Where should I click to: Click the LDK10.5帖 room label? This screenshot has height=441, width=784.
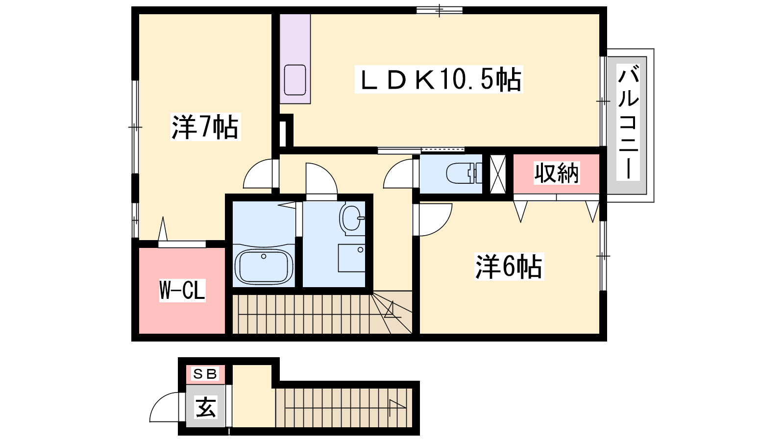click(x=439, y=79)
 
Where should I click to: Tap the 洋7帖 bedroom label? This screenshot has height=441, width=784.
click(x=205, y=127)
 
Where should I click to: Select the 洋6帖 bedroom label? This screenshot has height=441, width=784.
click(x=509, y=267)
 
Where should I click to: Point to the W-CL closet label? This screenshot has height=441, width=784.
click(x=182, y=291)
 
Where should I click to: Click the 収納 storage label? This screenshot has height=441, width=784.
click(x=557, y=173)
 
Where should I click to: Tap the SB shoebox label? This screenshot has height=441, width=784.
click(x=205, y=374)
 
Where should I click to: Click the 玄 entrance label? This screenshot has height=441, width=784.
click(x=205, y=407)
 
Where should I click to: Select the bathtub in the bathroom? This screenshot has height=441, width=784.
click(x=264, y=265)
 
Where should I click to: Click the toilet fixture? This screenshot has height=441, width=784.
click(x=464, y=173)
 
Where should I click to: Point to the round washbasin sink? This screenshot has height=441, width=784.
click(x=352, y=218)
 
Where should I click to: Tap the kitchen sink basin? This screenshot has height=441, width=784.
click(x=295, y=80)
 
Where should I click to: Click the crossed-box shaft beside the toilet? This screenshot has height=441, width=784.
click(x=497, y=174)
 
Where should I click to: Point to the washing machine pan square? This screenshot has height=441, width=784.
click(x=351, y=258)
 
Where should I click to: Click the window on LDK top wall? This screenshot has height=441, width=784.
click(x=440, y=10)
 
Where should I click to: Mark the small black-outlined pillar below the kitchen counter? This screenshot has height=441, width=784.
click(x=285, y=131)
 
